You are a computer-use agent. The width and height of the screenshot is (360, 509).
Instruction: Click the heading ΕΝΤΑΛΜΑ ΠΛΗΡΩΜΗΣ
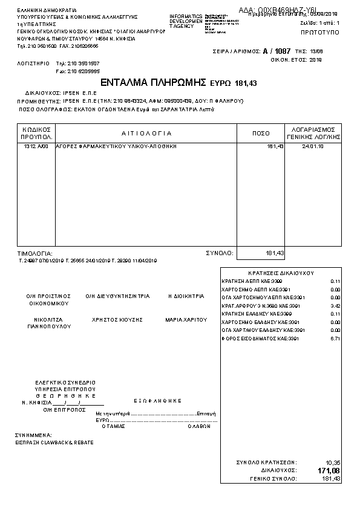click(154, 82)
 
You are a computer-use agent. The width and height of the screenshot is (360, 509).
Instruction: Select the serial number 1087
click(283, 52)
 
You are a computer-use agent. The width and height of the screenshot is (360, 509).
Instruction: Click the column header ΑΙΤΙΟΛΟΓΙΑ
click(146, 133)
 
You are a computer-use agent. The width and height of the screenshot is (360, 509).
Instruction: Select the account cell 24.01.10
click(312, 147)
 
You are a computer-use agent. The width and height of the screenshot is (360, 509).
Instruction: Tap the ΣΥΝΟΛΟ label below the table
click(216, 253)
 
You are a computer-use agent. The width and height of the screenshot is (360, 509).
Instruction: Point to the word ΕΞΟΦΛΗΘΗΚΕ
click(157, 400)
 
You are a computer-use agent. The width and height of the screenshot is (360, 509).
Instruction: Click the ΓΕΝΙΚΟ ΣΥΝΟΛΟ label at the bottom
click(273, 478)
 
